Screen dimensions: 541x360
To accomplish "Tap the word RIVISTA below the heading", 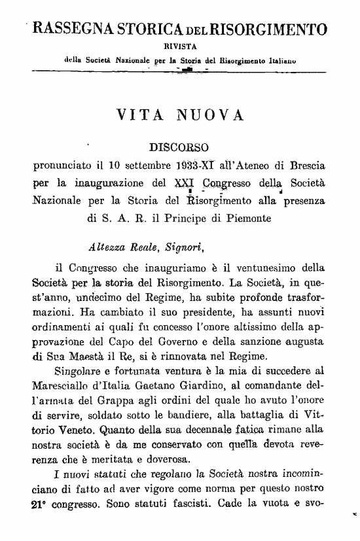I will click(x=177, y=46).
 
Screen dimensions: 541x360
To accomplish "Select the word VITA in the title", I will click(x=139, y=116).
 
